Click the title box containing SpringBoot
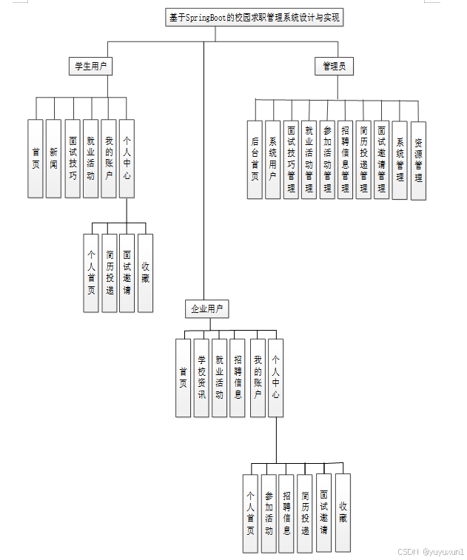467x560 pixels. click(x=255, y=18)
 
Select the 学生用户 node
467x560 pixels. click(x=90, y=67)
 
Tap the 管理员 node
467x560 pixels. click(x=334, y=67)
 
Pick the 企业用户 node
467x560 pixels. click(x=206, y=308)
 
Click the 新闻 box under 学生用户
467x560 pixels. click(x=53, y=158)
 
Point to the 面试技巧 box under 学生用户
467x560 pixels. click(x=72, y=158)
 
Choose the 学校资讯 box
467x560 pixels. click(x=201, y=377)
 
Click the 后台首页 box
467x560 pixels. click(x=255, y=160)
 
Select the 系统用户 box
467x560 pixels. click(x=273, y=160)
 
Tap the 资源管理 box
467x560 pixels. click(x=418, y=160)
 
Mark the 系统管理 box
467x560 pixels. click(x=400, y=160)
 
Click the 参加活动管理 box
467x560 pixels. click(x=327, y=160)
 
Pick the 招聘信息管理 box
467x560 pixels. click(x=346, y=160)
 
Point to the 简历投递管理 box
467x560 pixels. click(x=363, y=160)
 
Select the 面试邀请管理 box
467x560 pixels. click(x=381, y=160)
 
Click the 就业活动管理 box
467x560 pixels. click(x=309, y=160)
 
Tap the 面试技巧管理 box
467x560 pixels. click(x=291, y=160)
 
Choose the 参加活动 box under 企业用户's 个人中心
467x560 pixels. click(x=269, y=513)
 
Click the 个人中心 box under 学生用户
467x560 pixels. click(x=127, y=158)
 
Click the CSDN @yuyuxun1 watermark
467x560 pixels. click(x=431, y=552)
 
